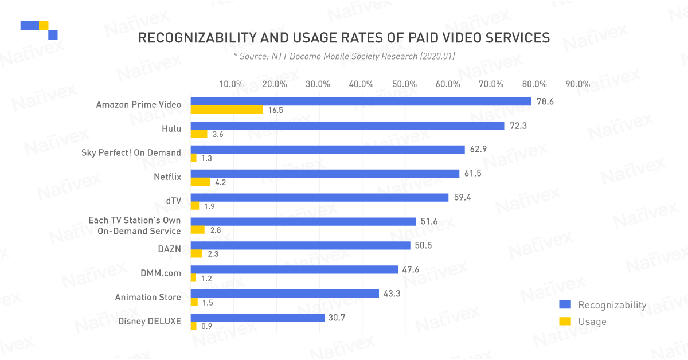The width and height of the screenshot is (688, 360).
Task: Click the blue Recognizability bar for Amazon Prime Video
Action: tap(361, 101)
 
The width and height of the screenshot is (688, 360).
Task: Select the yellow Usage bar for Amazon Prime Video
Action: tap(227, 109)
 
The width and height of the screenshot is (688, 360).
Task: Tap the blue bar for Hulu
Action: tap(347, 126)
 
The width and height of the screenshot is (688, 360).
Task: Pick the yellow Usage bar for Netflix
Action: tap(200, 182)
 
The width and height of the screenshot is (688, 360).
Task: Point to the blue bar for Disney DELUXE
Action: tap(257, 318)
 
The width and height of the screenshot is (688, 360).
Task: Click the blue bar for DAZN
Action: tap(300, 245)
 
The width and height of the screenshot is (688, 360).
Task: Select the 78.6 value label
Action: tap(545, 101)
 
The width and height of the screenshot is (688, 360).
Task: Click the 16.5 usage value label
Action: tap(276, 110)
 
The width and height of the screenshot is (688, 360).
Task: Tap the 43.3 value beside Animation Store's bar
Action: tap(392, 294)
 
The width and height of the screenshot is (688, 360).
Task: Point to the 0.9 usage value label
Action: tap(207, 326)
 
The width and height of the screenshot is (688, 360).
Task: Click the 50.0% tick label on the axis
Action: tap(404, 84)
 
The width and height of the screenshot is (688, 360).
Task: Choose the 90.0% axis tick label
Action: tap(578, 84)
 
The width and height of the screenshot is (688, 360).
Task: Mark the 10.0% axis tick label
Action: tap(231, 84)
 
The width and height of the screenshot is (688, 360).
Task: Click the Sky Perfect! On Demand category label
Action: tap(131, 152)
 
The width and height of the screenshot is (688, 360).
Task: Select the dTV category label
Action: tap(174, 201)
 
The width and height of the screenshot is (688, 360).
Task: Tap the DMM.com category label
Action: tap(161, 273)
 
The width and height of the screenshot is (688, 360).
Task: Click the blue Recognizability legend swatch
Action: tap(565, 305)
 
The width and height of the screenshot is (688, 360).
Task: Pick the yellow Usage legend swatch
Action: tap(565, 321)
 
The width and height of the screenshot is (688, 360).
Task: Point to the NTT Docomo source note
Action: tap(344, 57)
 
